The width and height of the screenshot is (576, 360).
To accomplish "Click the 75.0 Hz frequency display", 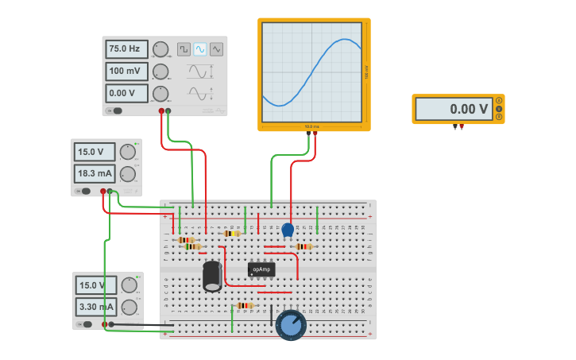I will (x=126, y=49).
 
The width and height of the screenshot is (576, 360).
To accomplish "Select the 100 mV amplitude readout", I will (x=126, y=72).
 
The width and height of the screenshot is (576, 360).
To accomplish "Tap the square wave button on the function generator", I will (x=184, y=49).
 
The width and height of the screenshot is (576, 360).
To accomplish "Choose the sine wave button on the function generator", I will (x=200, y=49).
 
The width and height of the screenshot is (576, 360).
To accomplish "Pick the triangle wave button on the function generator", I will (x=216, y=49).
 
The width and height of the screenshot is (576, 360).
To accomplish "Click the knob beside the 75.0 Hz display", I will (x=160, y=49).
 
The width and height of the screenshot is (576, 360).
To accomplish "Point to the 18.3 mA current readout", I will (x=95, y=172).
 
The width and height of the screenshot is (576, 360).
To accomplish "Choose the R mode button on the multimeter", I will (x=499, y=117).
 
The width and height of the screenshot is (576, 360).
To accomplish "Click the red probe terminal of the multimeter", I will (x=462, y=126).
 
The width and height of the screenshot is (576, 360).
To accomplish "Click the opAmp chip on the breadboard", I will (x=261, y=269).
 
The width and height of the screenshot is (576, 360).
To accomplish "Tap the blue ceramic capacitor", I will (x=288, y=230).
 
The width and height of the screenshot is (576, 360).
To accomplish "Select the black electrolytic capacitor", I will (x=212, y=276).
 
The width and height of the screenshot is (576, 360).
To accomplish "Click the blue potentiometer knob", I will (x=291, y=324).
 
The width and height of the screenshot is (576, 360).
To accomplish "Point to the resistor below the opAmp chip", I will (x=245, y=305).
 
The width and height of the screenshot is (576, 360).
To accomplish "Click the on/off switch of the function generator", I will (x=116, y=110).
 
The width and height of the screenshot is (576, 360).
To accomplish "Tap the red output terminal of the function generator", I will (x=161, y=111).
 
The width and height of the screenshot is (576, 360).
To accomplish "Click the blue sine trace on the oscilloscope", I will (x=310, y=75).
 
